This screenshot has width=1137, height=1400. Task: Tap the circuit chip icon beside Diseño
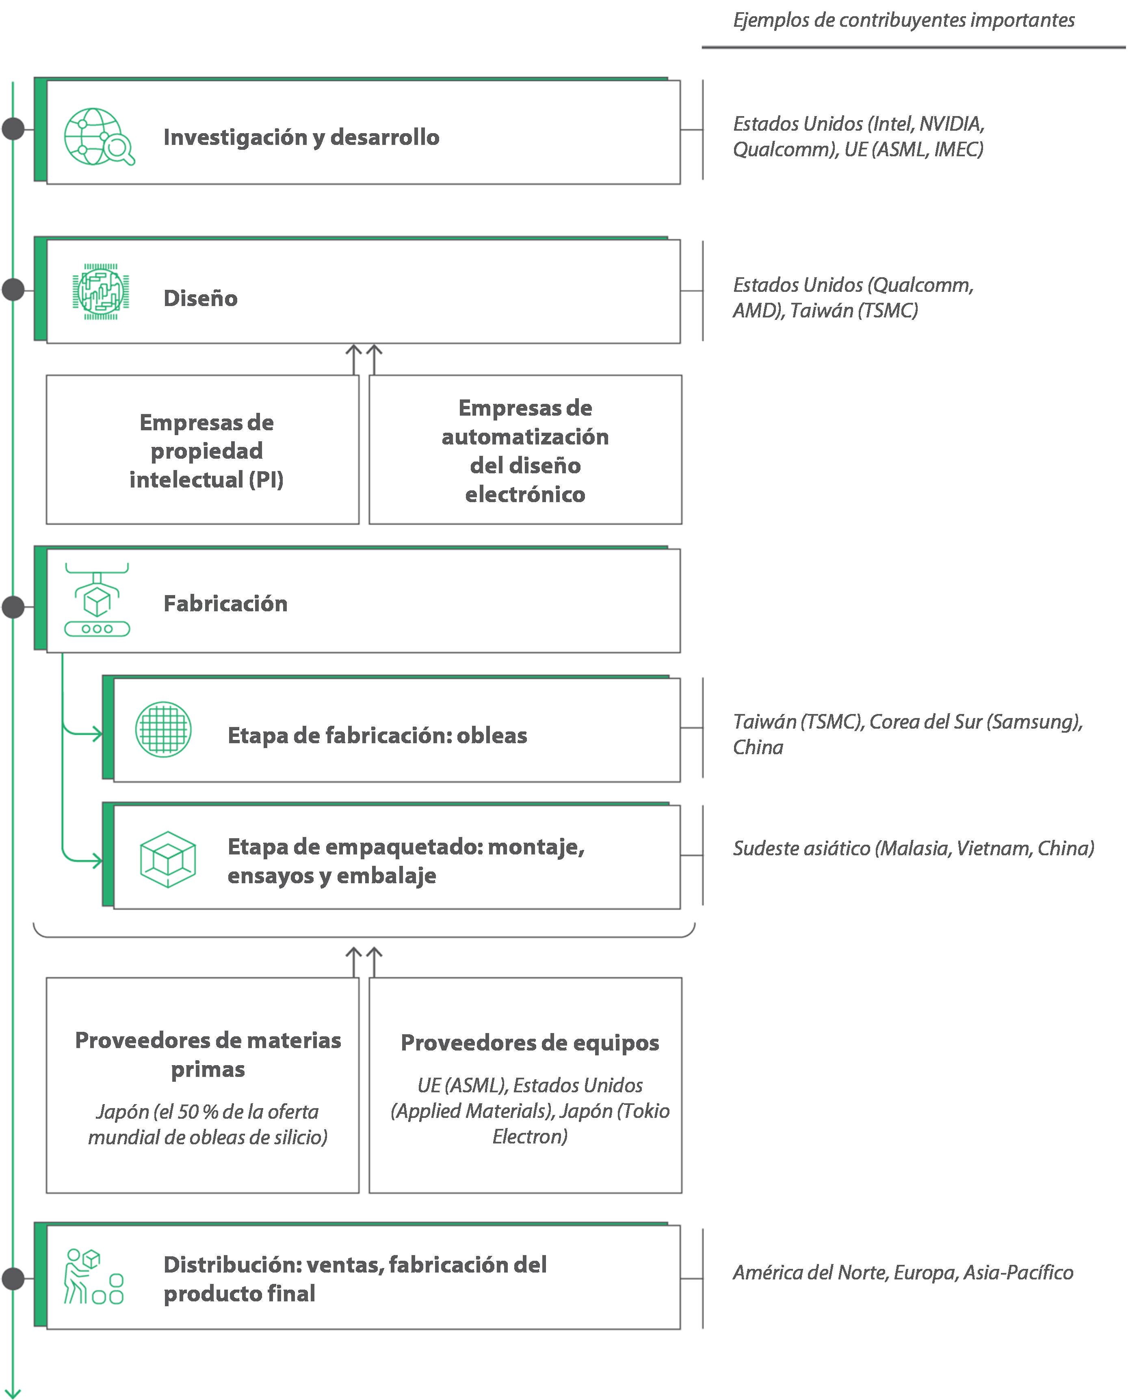pos(100,292)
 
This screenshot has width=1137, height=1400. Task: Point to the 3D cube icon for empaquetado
pos(168,859)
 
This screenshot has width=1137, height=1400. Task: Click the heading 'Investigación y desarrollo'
pos(301,138)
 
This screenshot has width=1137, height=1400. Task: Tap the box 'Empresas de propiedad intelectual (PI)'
pos(202,450)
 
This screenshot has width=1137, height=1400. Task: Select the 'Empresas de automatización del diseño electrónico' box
pos(525,450)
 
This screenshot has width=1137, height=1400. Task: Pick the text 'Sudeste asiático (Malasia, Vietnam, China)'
pos(914,849)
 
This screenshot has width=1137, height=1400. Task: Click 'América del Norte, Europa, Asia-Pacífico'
pos(903,1273)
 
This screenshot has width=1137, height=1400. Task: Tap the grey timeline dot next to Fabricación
pos(13,607)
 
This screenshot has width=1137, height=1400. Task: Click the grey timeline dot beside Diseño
pos(13,289)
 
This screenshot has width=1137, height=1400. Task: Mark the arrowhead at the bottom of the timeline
pos(13,1394)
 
